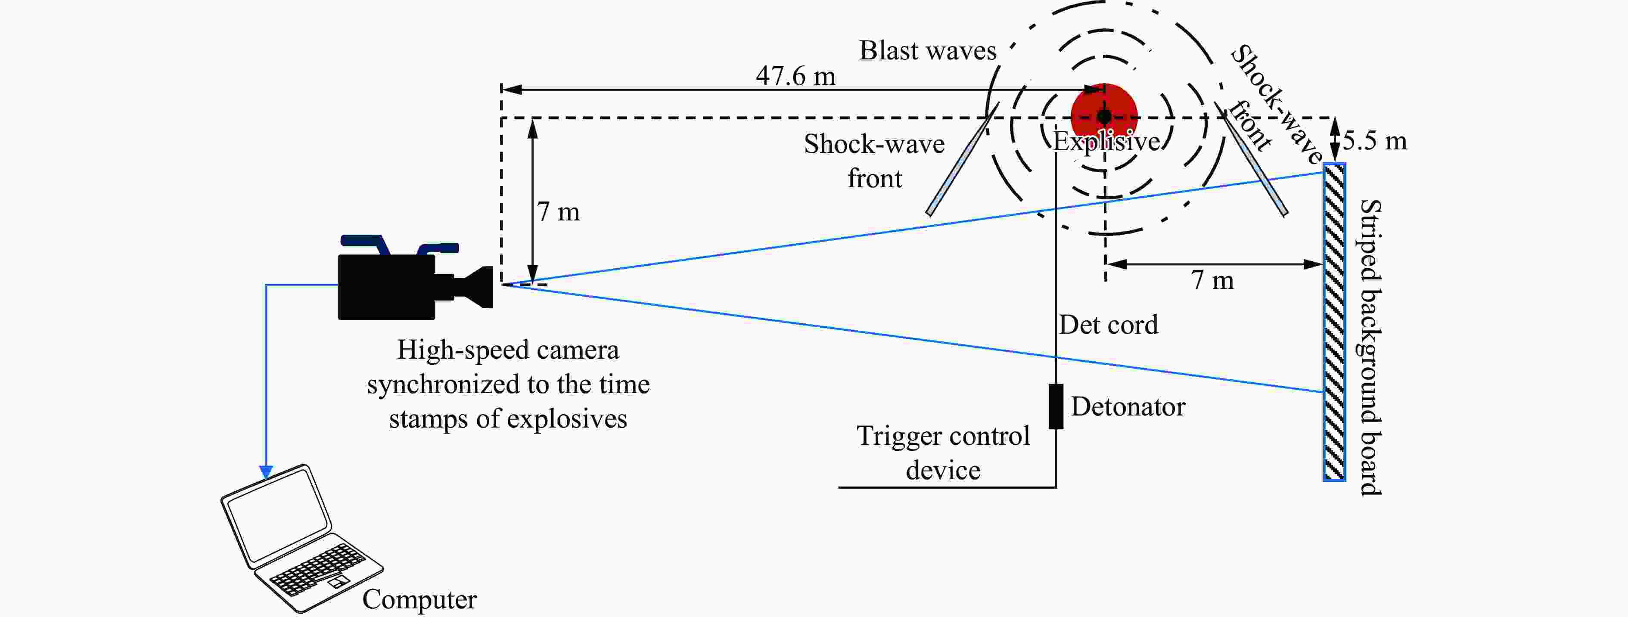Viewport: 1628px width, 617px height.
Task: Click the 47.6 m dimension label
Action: pos(795,76)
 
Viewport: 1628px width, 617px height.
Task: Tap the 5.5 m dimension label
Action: pos(1375,140)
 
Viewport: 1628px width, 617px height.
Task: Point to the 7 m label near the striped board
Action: pos(1212,280)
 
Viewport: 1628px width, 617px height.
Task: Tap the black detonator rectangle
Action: pos(1056,406)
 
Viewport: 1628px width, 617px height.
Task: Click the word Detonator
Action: pos(1128,407)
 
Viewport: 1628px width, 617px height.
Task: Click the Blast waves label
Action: pos(927,50)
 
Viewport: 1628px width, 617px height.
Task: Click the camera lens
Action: pos(477,287)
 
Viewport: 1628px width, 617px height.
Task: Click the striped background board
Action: pos(1334,322)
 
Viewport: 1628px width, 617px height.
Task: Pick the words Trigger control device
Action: pos(943,453)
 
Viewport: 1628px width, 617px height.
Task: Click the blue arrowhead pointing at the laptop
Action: pos(266,472)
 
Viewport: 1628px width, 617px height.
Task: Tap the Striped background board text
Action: pos(1370,347)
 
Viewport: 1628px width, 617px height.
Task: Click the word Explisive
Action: pos(1106,142)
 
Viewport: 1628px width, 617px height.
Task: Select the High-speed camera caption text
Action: pos(508,384)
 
